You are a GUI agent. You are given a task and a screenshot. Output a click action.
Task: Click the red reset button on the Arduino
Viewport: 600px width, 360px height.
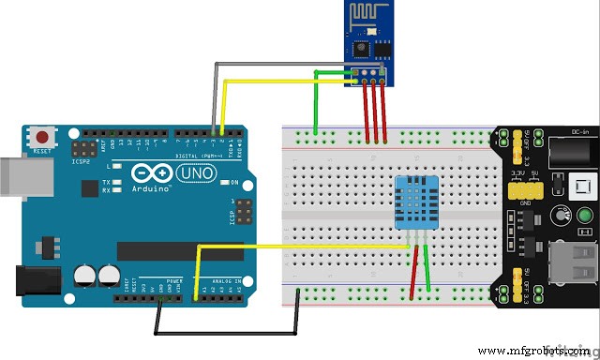click(x=41, y=136)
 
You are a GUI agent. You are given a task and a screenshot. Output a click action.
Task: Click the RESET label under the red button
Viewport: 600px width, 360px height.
click(x=41, y=150)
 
